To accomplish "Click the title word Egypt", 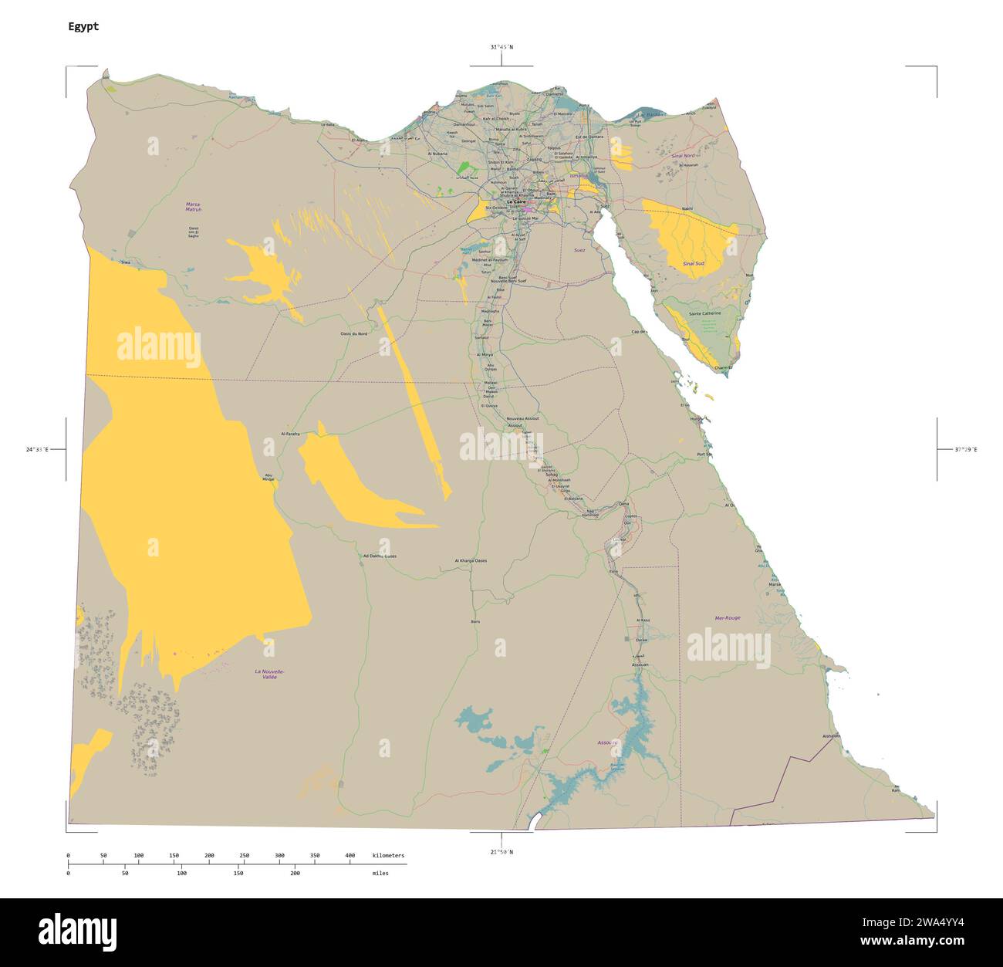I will point(83,26).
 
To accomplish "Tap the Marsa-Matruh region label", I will point(193,207).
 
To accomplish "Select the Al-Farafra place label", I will point(290,434).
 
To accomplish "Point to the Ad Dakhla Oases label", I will point(380,556).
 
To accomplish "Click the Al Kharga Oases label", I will point(471,561).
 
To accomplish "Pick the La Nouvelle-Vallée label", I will point(270,674).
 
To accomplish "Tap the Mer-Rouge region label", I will point(728,617).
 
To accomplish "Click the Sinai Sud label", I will point(693,264).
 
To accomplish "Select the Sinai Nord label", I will point(684,156).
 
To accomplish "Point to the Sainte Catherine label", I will point(704,313).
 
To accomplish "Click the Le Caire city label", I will point(515,201).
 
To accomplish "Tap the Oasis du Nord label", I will point(353,333).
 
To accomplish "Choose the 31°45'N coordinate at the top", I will point(501,47).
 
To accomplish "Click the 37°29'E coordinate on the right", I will point(965,448).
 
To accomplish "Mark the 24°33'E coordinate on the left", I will point(37,448).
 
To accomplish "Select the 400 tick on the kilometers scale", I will point(350,855).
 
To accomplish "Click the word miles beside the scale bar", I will point(380,873).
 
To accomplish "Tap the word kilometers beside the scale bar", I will point(388,855).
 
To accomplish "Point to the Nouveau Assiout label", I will point(522,418).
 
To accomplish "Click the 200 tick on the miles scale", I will point(295,873).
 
